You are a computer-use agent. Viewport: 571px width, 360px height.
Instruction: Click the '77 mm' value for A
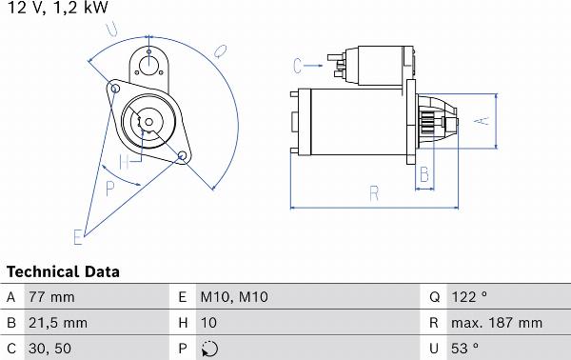click(x=51, y=297)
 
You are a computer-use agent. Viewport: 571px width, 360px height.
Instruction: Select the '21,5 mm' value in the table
click(x=58, y=323)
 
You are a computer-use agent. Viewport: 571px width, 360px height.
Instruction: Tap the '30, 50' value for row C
click(x=49, y=349)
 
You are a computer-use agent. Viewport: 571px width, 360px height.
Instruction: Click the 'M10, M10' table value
click(x=234, y=297)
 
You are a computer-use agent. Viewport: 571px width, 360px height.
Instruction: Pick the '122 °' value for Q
click(x=469, y=297)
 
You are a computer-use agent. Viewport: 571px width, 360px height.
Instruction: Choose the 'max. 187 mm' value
click(x=497, y=323)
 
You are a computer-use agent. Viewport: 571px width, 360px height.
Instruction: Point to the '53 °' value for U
click(x=464, y=349)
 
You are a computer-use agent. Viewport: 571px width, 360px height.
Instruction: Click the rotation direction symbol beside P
click(x=209, y=349)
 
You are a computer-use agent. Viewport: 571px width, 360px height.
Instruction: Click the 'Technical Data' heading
click(x=63, y=271)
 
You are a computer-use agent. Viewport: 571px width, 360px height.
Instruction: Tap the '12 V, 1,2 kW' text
click(x=57, y=7)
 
